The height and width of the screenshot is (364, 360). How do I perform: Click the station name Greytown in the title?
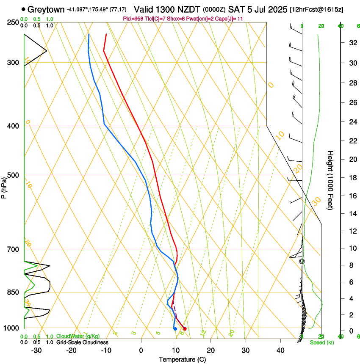(x=47, y=9)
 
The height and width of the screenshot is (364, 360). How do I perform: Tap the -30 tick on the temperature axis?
(x=36, y=350)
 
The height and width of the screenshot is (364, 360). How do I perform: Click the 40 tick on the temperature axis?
(x=280, y=350)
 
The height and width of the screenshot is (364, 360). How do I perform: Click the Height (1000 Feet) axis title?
(x=331, y=180)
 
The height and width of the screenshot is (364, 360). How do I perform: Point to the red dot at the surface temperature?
(x=185, y=329)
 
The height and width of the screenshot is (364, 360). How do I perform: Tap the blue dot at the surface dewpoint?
(x=175, y=329)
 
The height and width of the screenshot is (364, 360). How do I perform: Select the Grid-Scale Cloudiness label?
(x=82, y=342)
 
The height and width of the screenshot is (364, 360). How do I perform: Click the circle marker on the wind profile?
(x=302, y=262)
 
